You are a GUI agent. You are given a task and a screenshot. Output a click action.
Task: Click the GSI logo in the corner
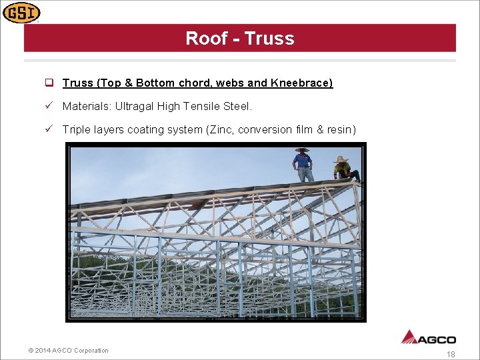tap(21, 12)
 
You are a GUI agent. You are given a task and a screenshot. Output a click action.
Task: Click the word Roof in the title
tap(207, 39)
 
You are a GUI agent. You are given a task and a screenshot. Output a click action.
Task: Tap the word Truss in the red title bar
tap(269, 39)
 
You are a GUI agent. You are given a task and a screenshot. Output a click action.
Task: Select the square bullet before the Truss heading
tap(49, 83)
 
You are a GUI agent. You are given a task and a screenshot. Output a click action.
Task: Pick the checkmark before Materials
tap(49, 106)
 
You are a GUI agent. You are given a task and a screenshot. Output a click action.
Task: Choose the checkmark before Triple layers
tap(49, 129)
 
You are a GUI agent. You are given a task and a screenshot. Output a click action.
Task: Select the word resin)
tap(341, 129)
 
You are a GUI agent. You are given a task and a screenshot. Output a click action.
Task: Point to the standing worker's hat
tap(302, 149)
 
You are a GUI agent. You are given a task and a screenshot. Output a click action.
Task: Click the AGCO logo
tap(428, 337)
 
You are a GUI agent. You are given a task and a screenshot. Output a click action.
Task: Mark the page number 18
tap(451, 355)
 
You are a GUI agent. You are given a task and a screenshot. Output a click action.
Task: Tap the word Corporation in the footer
tap(91, 351)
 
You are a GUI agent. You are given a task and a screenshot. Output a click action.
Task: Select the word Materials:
tap(87, 106)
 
